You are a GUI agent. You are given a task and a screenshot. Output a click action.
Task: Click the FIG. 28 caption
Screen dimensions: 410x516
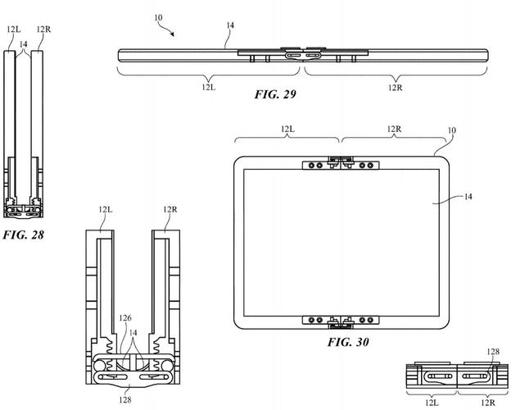coord(23,235)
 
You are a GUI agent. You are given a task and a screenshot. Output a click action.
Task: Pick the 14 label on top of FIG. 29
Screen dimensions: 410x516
coord(231,26)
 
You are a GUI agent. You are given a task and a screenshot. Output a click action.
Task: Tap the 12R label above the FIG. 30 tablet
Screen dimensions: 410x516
coord(393,130)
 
